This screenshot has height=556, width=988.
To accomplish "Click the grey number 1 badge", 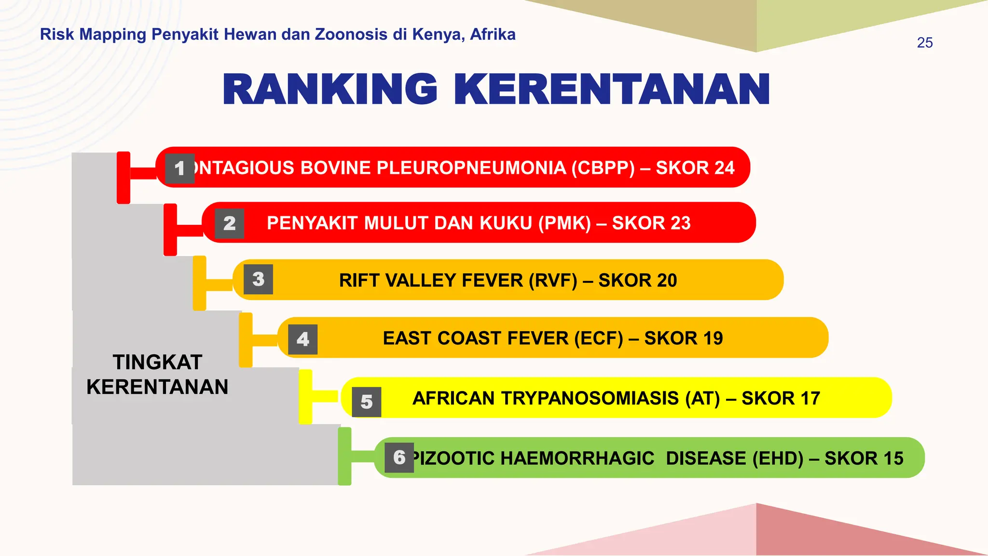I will coord(179,168).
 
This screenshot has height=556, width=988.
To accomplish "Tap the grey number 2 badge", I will coord(229,223).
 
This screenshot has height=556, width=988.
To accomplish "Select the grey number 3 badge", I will coord(258,279).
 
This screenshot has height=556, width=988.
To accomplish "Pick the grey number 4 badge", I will coord(302,339).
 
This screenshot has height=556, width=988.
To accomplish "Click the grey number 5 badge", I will coord(366,402).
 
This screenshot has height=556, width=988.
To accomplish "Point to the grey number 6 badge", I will coord(399,457).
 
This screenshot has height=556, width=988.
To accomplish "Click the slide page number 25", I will coord(924,43).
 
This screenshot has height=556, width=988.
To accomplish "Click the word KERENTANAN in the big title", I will coord(612,90).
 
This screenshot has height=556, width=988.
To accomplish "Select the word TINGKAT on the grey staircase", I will coord(157,362).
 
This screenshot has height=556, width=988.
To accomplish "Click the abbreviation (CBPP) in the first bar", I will coord(603,168).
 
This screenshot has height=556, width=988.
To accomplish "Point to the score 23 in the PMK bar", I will coord(680,223).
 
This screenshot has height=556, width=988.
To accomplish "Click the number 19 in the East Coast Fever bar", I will coord(712,338).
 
